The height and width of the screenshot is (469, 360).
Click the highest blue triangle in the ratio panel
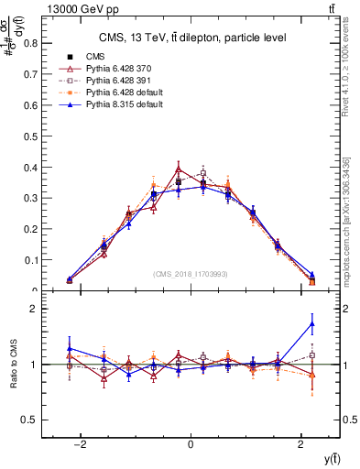point(312,323)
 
